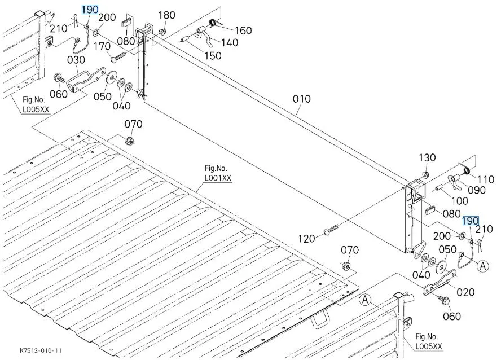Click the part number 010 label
click(301, 99)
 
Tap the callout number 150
click(213, 56)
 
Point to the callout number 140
click(229, 42)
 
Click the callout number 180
click(166, 15)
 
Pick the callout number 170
click(102, 46)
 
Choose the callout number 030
click(76, 59)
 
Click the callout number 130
click(427, 157)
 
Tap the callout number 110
click(485, 179)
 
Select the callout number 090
click(476, 190)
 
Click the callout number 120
click(307, 239)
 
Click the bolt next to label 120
click(332, 230)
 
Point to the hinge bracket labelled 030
click(85, 79)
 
